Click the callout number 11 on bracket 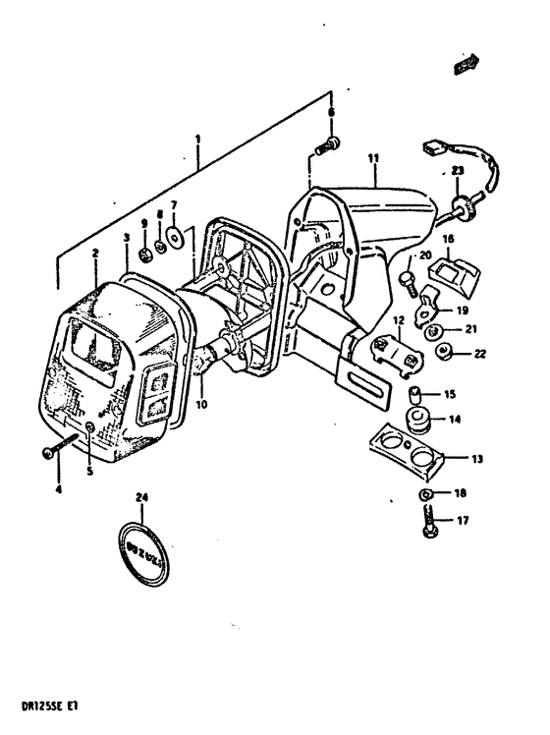pos(373,157)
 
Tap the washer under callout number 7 pos(174,236)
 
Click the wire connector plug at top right pos(430,151)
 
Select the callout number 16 pos(448,239)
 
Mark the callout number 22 pos(479,354)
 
